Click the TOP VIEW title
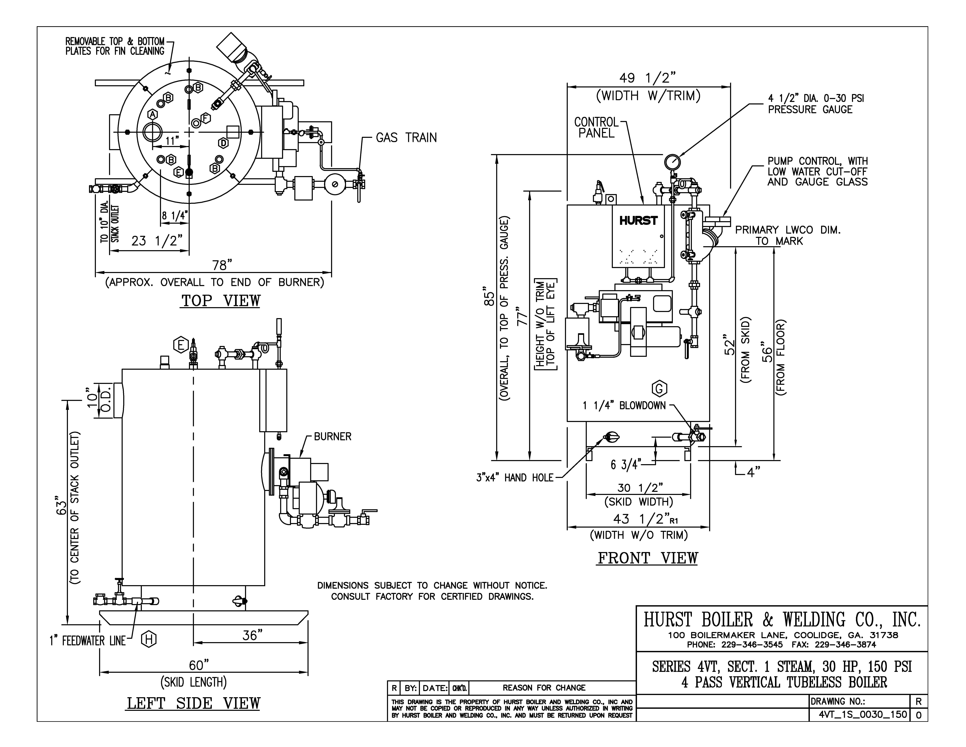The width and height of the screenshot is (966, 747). (x=221, y=301)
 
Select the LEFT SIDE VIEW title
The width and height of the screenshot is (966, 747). (x=194, y=704)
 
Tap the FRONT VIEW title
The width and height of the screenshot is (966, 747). (x=648, y=558)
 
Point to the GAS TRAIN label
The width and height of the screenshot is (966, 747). (x=406, y=138)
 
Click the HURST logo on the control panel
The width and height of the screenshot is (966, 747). (x=638, y=220)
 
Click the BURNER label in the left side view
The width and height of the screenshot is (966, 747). (x=333, y=437)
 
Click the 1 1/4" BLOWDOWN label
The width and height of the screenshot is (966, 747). (x=624, y=406)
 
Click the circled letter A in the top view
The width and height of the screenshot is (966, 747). (x=153, y=114)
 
